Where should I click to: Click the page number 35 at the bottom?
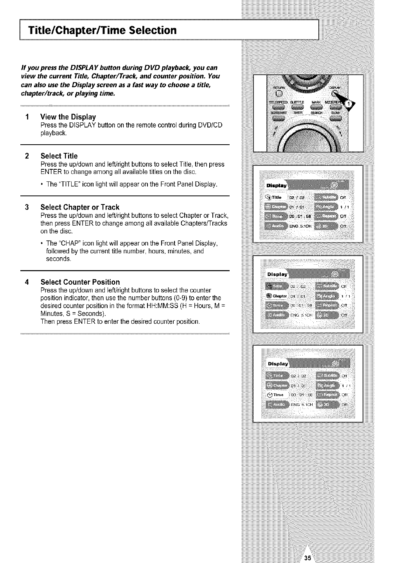(x=308, y=558)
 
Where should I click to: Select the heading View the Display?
(x=68, y=117)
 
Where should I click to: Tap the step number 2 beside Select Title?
(x=27, y=156)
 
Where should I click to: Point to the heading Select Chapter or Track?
(x=80, y=207)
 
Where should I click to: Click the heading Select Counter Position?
(x=80, y=282)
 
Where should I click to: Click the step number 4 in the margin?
(x=27, y=282)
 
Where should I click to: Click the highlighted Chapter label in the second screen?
(x=277, y=295)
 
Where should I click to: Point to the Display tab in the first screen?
(x=276, y=185)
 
